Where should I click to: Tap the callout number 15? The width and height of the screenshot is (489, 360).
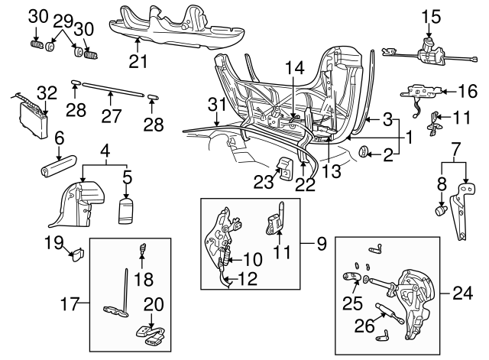430,15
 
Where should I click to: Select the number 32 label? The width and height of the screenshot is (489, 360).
47,93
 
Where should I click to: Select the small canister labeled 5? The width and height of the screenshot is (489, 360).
126,209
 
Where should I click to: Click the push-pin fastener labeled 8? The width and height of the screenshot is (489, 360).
439,207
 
